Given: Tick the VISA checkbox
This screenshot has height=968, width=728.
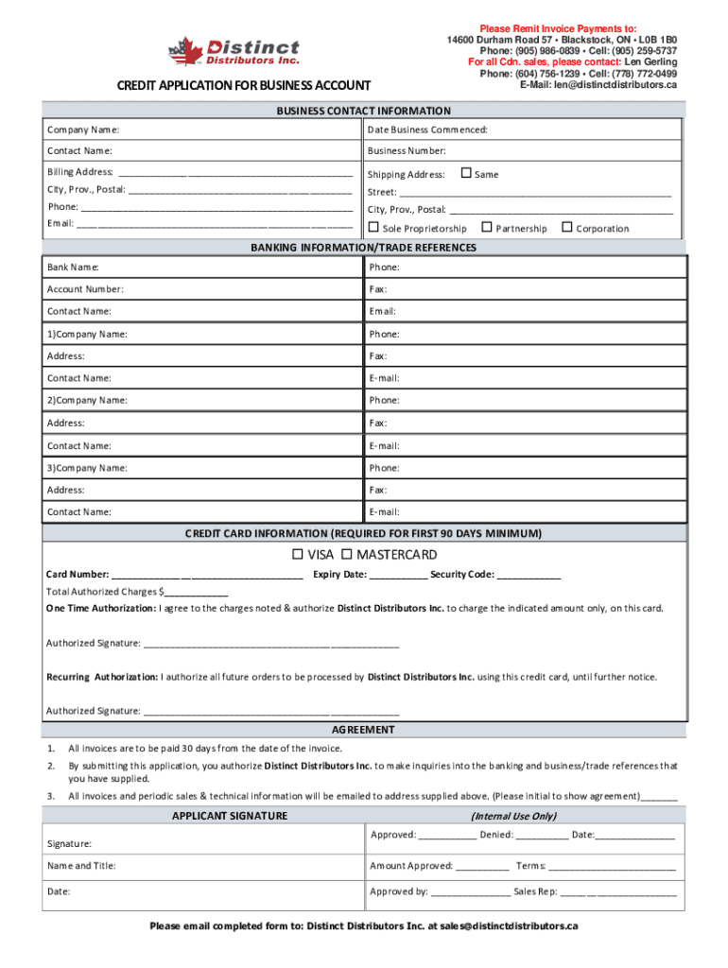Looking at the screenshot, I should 297,554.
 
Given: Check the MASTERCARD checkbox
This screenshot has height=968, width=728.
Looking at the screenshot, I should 347,554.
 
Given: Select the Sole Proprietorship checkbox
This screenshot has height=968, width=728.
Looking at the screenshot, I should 373,227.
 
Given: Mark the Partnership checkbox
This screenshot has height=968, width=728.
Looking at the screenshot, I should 487,227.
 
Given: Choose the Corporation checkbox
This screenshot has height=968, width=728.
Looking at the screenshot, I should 567,227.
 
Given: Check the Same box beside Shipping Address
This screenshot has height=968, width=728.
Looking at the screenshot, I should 465,173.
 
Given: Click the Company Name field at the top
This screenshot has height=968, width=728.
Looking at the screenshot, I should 236,130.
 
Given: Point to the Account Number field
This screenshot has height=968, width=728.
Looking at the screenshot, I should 236,290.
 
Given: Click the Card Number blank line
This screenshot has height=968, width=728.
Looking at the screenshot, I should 207,576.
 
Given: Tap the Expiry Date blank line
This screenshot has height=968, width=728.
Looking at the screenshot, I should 397,576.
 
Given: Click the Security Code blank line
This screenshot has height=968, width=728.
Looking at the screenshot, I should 529,576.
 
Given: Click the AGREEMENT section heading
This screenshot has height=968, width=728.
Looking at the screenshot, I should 363,731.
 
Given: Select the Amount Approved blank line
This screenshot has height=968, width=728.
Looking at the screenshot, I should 481,867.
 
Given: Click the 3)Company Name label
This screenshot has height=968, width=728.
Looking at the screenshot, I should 87,468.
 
